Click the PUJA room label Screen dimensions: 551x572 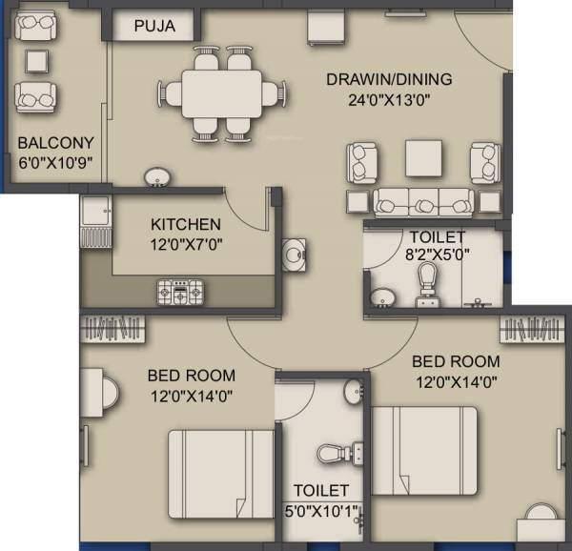tap(154, 26)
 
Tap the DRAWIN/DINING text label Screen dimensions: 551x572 tap(387, 79)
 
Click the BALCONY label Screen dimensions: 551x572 tap(49, 144)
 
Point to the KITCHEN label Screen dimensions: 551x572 tap(186, 225)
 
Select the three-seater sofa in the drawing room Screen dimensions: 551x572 tap(421, 202)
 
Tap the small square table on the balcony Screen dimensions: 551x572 tap(35, 61)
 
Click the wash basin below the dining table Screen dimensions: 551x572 tap(157, 177)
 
